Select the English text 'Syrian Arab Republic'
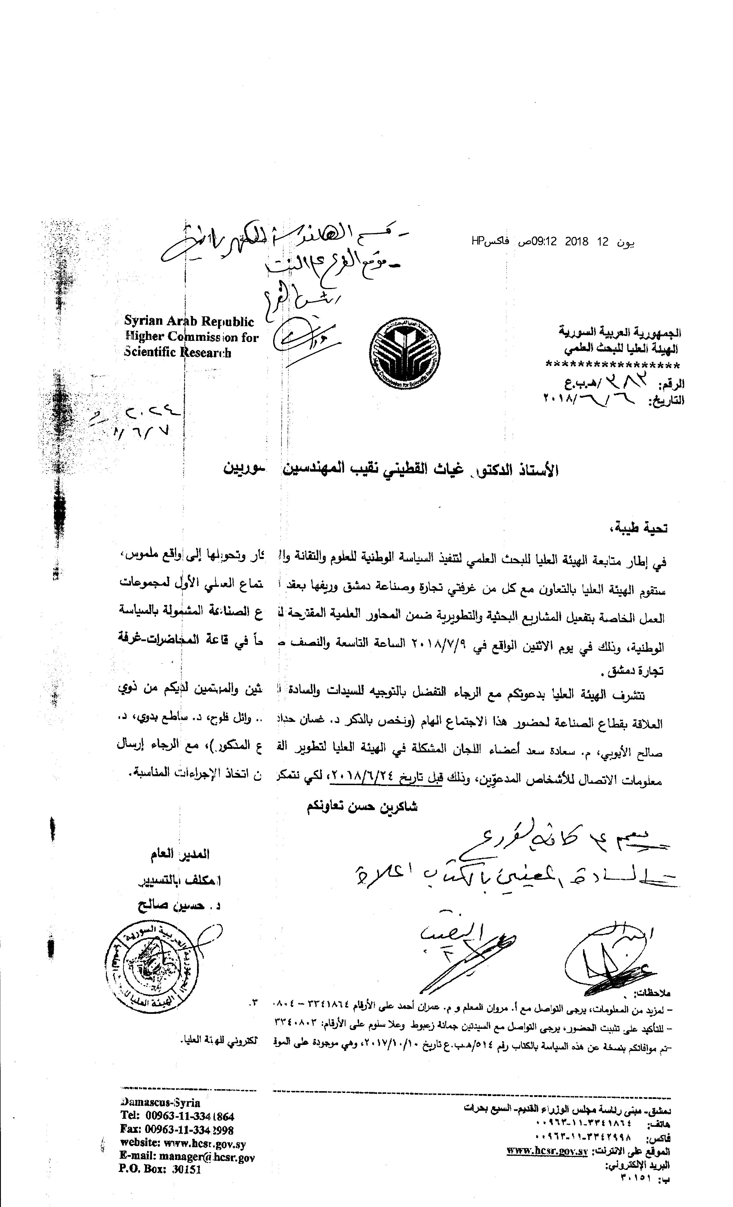point(189,321)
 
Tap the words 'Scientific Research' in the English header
point(177,353)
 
